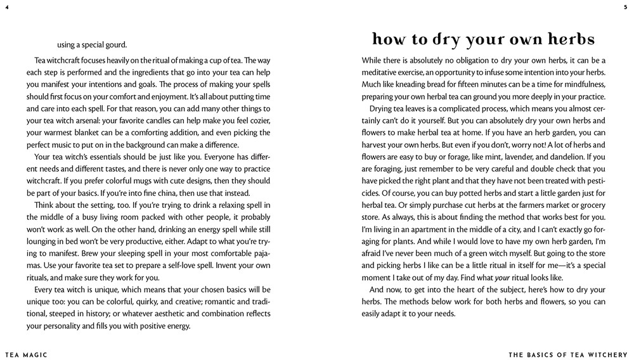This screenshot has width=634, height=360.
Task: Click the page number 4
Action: click(6, 7)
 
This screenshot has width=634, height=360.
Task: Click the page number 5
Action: click(626, 7)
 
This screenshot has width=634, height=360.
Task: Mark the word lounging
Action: click(42, 242)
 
